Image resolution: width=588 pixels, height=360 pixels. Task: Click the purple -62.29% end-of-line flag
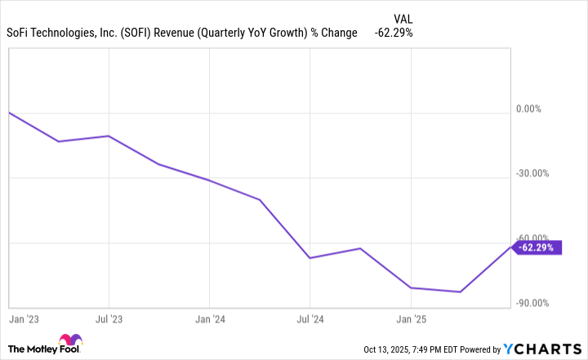[539, 247]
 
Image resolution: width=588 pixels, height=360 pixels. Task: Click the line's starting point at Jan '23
[8, 113]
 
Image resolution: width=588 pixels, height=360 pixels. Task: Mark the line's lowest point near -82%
[461, 291]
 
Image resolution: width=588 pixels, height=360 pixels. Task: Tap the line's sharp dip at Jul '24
[310, 258]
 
